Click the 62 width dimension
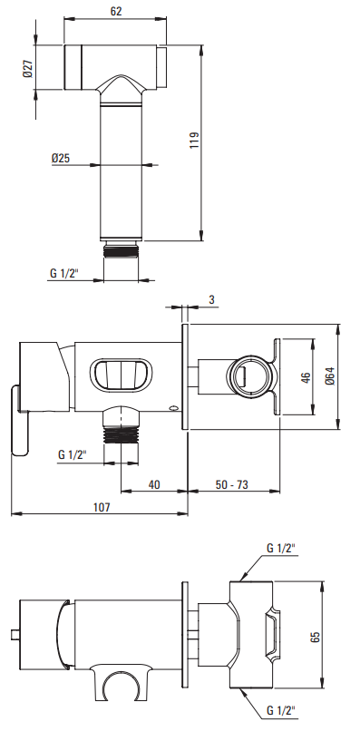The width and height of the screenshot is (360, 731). click(116, 10)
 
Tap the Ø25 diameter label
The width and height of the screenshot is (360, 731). click(61, 158)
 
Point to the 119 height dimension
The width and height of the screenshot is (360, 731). click(194, 141)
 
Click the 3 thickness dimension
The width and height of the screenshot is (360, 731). click(211, 299)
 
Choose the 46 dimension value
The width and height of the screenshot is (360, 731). click(306, 377)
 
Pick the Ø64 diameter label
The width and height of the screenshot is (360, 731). click(330, 376)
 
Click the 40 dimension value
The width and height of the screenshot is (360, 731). click(154, 484)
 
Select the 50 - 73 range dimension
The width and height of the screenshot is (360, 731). click(232, 484)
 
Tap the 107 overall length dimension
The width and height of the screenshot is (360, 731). click(102, 507)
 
